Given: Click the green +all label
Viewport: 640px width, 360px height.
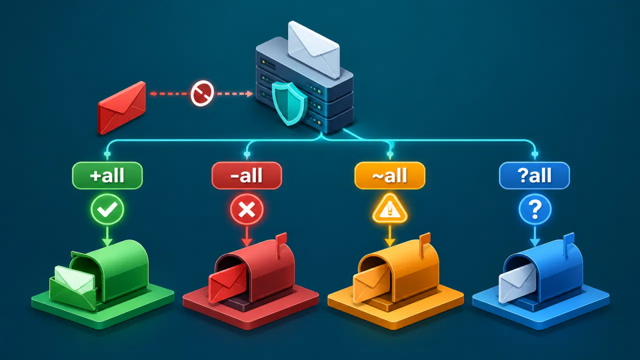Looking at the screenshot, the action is point(107,175).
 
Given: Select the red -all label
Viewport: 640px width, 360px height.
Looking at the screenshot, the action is point(247,175).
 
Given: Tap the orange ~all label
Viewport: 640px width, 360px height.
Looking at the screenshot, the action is point(389,175).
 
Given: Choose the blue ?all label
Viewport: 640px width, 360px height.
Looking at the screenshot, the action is point(534,175).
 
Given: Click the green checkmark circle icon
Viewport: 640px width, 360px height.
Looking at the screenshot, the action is point(107,209).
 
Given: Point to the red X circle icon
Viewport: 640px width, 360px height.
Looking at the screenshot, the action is point(247,210).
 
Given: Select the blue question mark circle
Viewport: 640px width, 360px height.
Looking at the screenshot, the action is point(535,209).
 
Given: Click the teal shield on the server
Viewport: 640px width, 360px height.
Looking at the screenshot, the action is point(289,103).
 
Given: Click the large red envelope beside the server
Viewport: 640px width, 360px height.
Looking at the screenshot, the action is point(121,108).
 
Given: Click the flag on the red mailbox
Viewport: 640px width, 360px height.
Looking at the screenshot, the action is point(280,245).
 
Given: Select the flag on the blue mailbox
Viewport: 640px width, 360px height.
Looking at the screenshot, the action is point(568,244).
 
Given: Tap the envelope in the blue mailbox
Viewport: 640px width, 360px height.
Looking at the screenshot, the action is point(517,282).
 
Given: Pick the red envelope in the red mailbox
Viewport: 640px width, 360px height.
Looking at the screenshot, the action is point(227,283).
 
